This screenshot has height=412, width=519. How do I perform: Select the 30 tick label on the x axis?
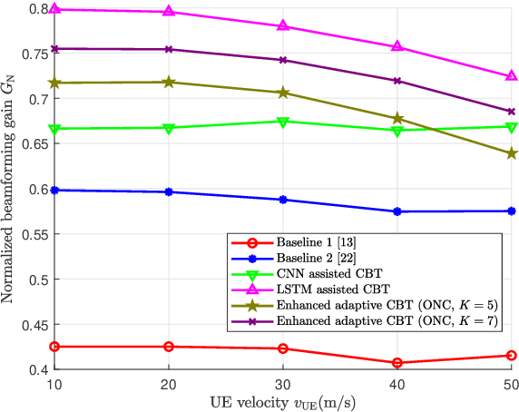(x=282, y=384)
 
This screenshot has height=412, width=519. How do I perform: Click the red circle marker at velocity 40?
(x=397, y=363)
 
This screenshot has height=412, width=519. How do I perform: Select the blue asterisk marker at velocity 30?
(x=283, y=200)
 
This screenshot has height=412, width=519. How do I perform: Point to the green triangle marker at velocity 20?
(x=170, y=128)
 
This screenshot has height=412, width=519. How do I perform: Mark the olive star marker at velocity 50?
(x=510, y=153)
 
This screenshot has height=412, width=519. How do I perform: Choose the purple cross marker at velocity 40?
(x=397, y=81)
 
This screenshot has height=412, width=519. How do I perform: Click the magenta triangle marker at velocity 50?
(x=510, y=76)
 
